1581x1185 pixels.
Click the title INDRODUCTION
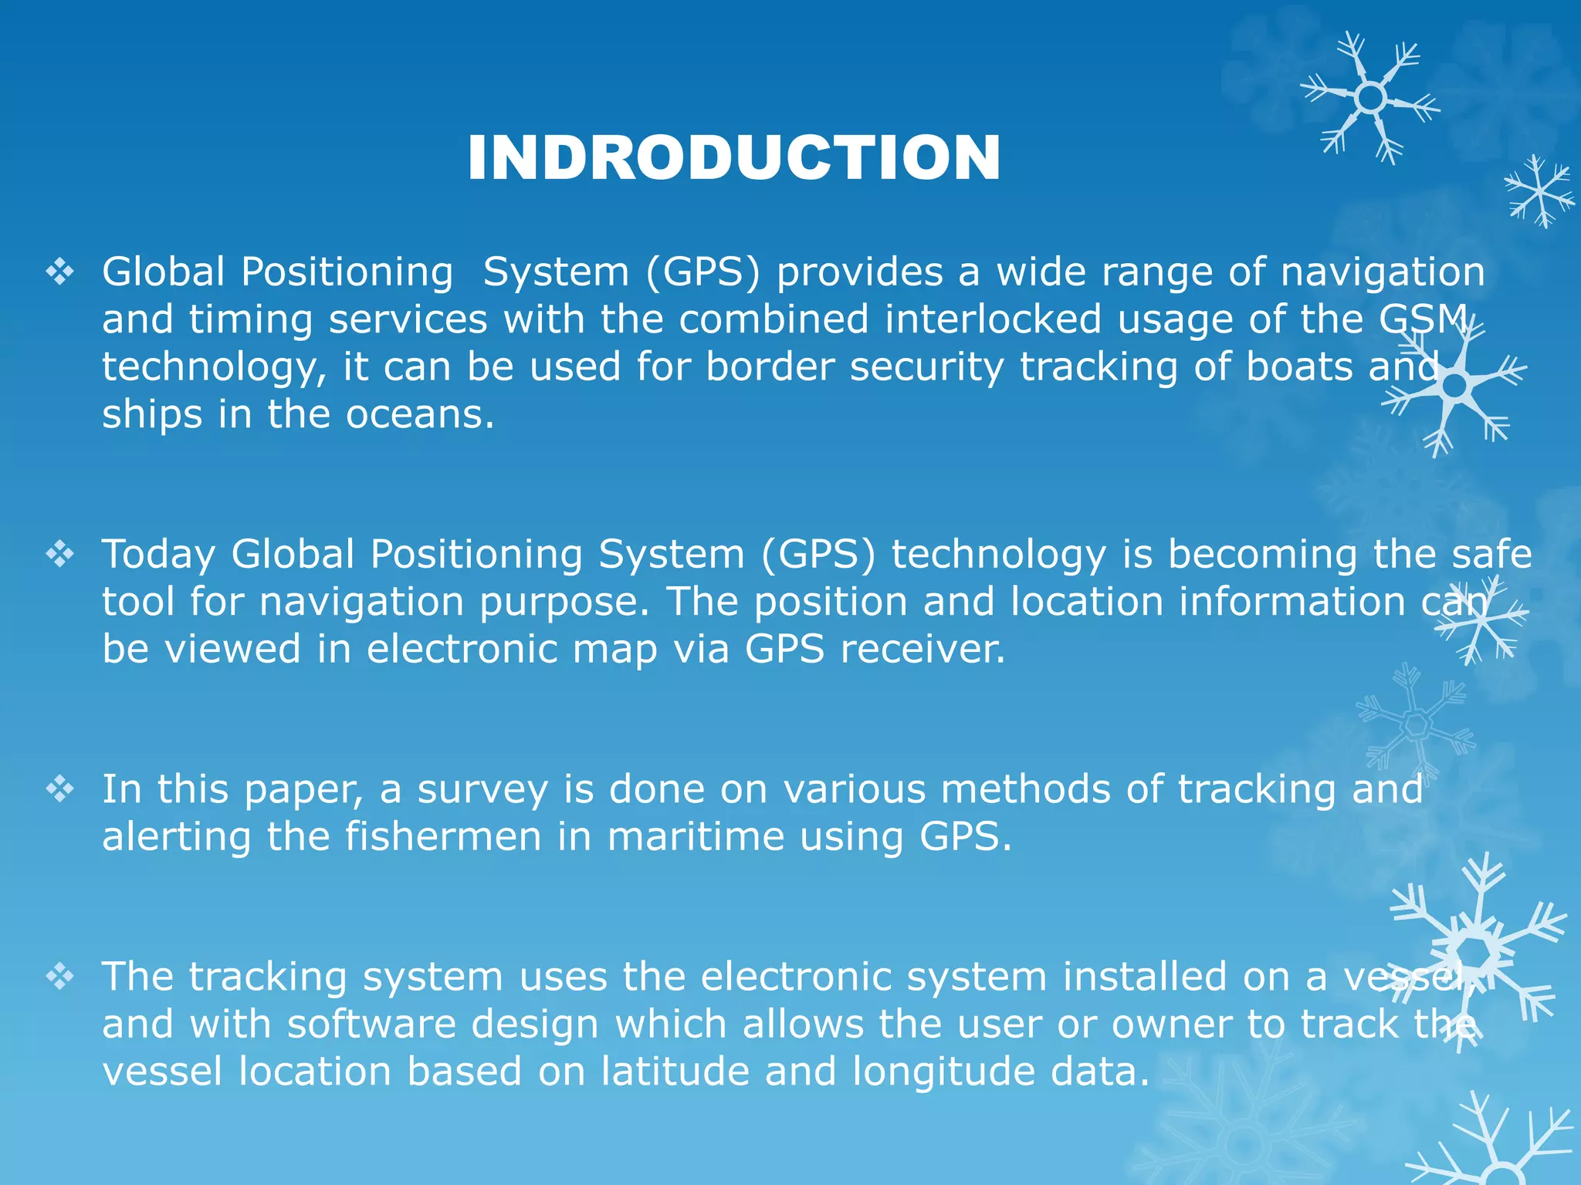click(733, 158)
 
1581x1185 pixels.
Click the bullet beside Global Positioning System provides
click(60, 272)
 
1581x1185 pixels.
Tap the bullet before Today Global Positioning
click(60, 554)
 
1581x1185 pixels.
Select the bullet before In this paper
click(60, 789)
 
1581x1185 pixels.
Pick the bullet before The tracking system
click(60, 977)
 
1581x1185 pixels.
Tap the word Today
click(158, 555)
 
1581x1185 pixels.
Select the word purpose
click(564, 603)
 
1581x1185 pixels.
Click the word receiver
click(923, 649)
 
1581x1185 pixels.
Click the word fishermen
click(443, 837)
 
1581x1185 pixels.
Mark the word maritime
click(695, 837)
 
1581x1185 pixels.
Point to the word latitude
click(675, 1072)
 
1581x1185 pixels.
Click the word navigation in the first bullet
click(1382, 272)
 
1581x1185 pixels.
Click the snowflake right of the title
click(1370, 99)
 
